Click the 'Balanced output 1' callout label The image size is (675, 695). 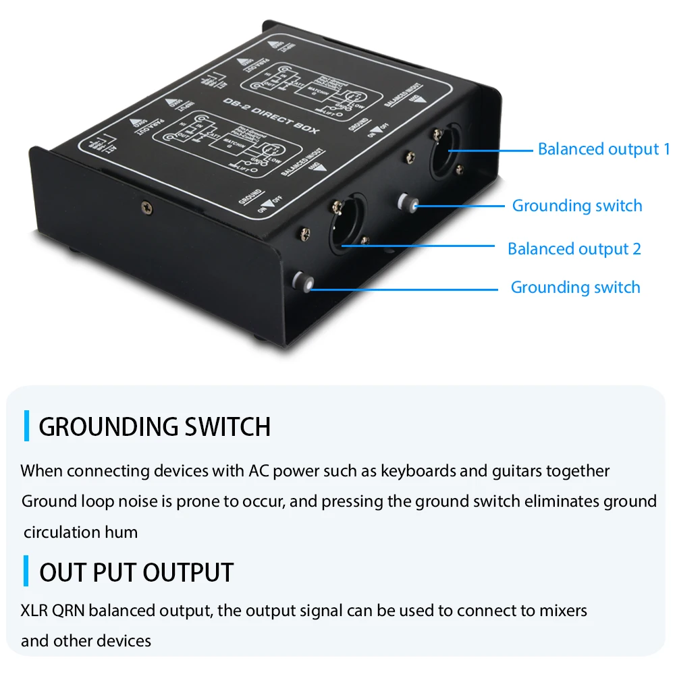click(x=603, y=149)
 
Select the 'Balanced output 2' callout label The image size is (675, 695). click(x=574, y=249)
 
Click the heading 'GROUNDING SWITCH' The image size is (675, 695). click(x=155, y=427)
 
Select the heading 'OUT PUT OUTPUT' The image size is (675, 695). click(x=136, y=572)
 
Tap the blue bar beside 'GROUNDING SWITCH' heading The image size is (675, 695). click(x=26, y=426)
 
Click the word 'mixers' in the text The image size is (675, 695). click(x=563, y=611)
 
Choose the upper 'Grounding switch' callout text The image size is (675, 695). click(x=577, y=206)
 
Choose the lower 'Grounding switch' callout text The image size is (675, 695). click(x=575, y=287)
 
